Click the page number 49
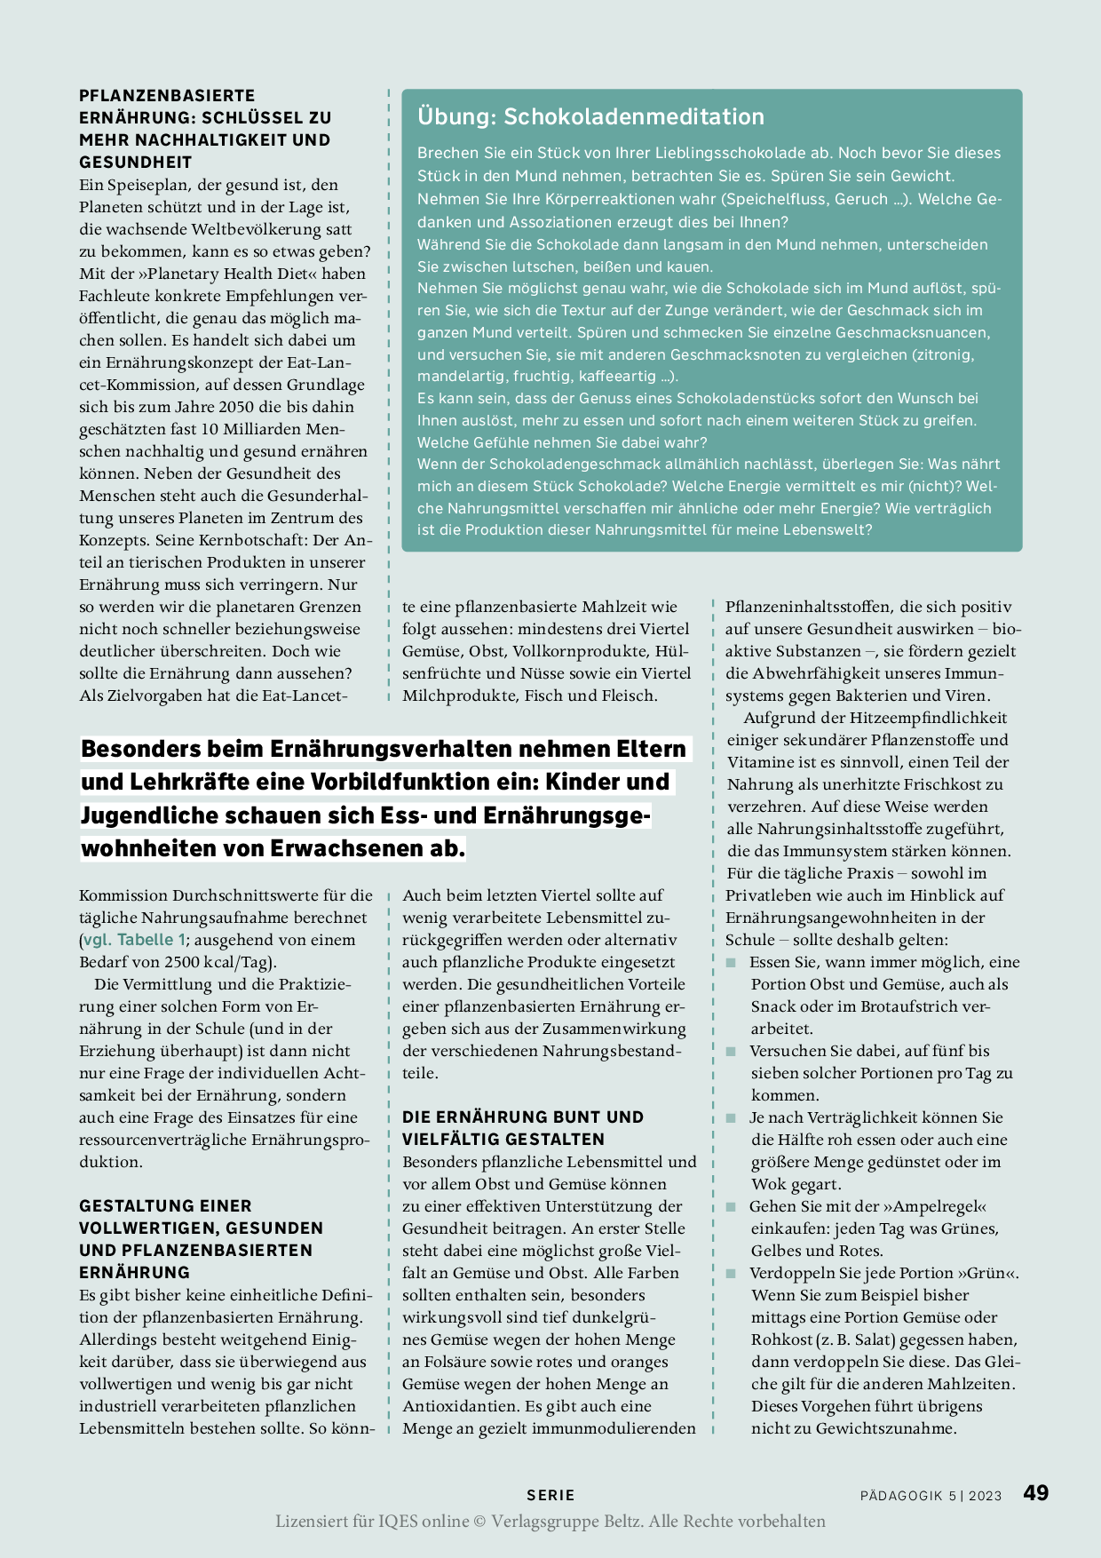[x=1035, y=1493]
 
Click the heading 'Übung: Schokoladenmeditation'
[x=590, y=116]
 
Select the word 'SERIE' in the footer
[x=550, y=1495]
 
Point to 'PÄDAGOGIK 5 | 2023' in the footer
[x=931, y=1496]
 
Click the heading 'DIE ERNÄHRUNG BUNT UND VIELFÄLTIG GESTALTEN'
[x=523, y=1128]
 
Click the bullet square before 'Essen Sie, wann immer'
[x=732, y=963]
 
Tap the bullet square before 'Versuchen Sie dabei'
[x=732, y=1052]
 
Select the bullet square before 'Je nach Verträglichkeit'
[x=732, y=1118]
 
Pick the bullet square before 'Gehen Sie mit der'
[x=732, y=1207]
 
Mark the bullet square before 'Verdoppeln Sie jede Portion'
[x=732, y=1274]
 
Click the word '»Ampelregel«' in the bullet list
[x=934, y=1206]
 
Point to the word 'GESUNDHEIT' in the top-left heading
[x=136, y=162]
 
